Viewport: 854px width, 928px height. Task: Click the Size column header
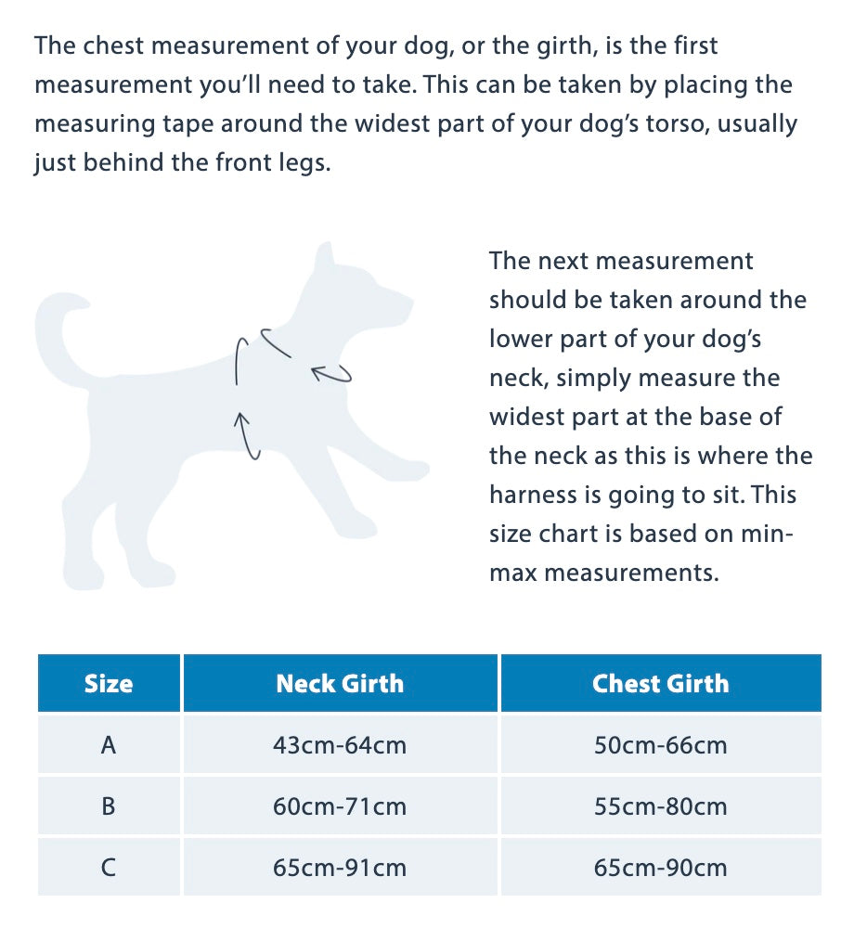click(109, 684)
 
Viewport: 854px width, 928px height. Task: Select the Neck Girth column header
click(340, 684)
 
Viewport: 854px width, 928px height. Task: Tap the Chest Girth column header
click(660, 684)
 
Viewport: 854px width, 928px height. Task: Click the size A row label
click(109, 744)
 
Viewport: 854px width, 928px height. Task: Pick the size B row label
click(109, 806)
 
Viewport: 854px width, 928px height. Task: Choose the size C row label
click(109, 868)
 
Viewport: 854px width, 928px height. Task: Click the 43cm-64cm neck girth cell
click(340, 744)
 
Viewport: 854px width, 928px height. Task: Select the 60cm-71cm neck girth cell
click(340, 806)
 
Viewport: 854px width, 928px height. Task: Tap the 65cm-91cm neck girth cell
click(340, 868)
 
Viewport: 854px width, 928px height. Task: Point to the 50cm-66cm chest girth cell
click(660, 744)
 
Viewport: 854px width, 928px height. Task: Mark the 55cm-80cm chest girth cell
click(660, 806)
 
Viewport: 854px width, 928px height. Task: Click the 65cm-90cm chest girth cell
click(660, 868)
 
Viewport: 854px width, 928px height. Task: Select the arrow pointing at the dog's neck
click(330, 374)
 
